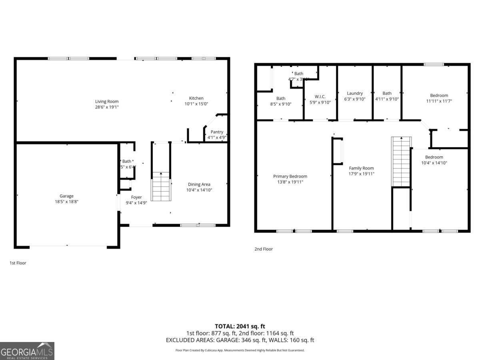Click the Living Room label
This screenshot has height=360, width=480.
pyautogui.click(x=107, y=101)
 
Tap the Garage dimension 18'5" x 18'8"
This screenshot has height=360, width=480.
pyautogui.click(x=66, y=202)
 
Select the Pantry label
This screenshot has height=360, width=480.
pyautogui.click(x=217, y=132)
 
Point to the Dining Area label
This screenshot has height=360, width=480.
pyautogui.click(x=199, y=184)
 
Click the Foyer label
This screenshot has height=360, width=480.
pyautogui.click(x=136, y=197)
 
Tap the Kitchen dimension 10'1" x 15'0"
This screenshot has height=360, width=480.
pyautogui.click(x=196, y=104)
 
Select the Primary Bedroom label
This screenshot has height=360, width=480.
pyautogui.click(x=290, y=176)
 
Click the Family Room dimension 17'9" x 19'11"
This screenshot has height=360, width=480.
pyautogui.click(x=361, y=174)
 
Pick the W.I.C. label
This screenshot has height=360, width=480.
pyautogui.click(x=320, y=96)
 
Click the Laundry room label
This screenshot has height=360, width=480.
pyautogui.click(x=355, y=93)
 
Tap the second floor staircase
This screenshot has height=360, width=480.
pyautogui.click(x=402, y=162)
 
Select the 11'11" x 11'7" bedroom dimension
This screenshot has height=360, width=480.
pyautogui.click(x=439, y=101)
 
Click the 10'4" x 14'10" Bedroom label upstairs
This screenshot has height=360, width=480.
pyautogui.click(x=434, y=157)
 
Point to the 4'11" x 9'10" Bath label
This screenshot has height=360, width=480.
pyautogui.click(x=387, y=93)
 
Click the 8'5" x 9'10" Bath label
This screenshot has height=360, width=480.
pyautogui.click(x=281, y=98)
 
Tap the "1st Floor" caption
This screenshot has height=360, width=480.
pyautogui.click(x=18, y=263)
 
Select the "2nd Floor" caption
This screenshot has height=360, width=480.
pyautogui.click(x=264, y=249)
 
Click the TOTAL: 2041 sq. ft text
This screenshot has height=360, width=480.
pyautogui.click(x=240, y=326)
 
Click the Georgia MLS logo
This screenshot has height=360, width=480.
pyautogui.click(x=27, y=351)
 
